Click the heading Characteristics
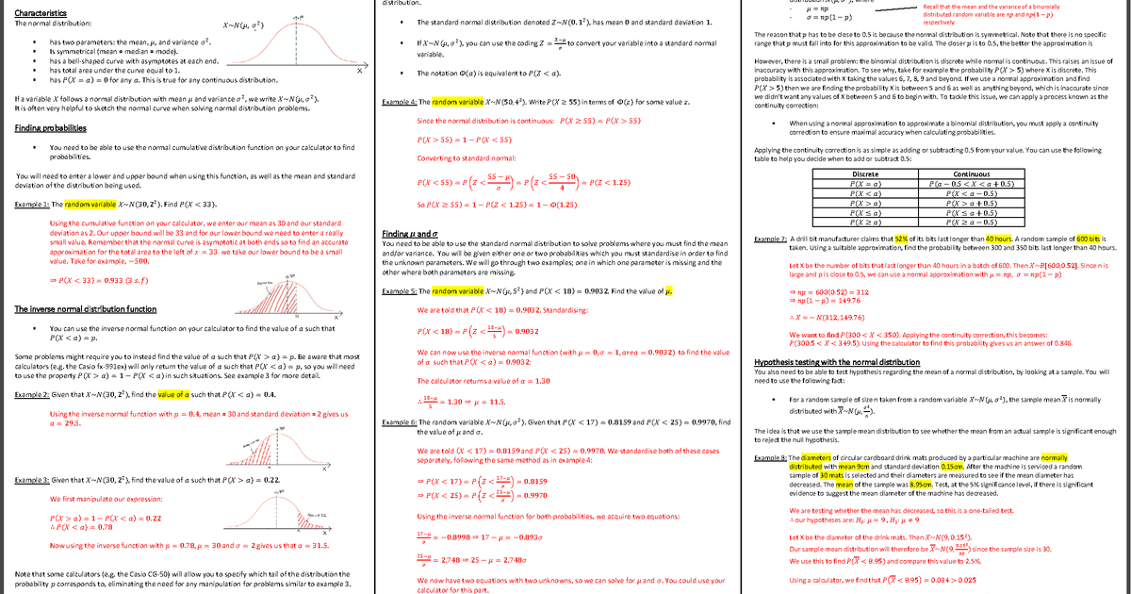pos(41,11)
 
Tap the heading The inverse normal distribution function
pos(86,309)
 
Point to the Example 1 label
pos(32,204)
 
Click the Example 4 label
pos(400,102)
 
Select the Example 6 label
pos(400,422)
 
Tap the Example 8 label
pos(771,458)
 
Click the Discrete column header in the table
pos(864,174)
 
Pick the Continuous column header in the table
pos(971,174)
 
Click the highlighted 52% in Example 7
pos(901,239)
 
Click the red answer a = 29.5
pos(63,423)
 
